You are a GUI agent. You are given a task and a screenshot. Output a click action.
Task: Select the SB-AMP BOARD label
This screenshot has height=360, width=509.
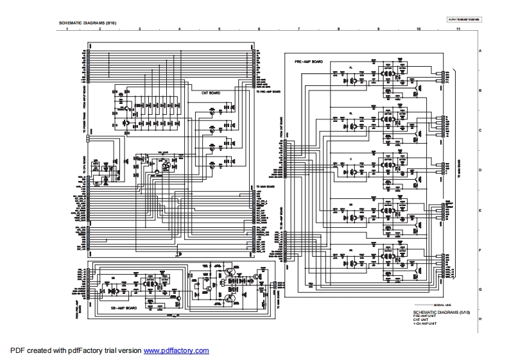pyautogui.click(x=122, y=308)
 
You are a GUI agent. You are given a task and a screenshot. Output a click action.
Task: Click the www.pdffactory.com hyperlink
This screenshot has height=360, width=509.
pyautogui.click(x=176, y=351)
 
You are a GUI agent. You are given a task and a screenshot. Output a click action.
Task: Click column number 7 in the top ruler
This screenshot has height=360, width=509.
pyautogui.click(x=299, y=30)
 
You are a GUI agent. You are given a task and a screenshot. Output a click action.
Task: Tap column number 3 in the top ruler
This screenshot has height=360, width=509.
pyautogui.click(x=139, y=30)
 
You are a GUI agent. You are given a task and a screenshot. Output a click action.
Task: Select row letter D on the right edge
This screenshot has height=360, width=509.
pyautogui.click(x=479, y=169)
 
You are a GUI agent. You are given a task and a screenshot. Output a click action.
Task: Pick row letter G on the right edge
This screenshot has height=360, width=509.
pyautogui.click(x=479, y=289)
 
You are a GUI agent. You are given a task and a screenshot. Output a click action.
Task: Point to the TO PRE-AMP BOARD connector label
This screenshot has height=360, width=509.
pyautogui.click(x=268, y=92)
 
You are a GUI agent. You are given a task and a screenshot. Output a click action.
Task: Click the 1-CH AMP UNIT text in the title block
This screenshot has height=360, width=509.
pyautogui.click(x=425, y=323)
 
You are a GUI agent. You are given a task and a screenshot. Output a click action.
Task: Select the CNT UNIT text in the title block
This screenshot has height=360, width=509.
pyautogui.click(x=421, y=319)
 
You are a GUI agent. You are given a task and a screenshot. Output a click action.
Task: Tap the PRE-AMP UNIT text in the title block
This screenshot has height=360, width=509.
pyautogui.click(x=425, y=315)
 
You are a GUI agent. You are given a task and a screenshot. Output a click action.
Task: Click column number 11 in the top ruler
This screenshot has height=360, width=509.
pyautogui.click(x=458, y=30)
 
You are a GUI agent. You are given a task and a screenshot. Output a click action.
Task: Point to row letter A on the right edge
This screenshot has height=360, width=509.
pyautogui.click(x=479, y=50)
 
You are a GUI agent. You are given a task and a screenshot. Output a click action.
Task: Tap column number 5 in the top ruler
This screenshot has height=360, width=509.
pyautogui.click(x=219, y=30)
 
